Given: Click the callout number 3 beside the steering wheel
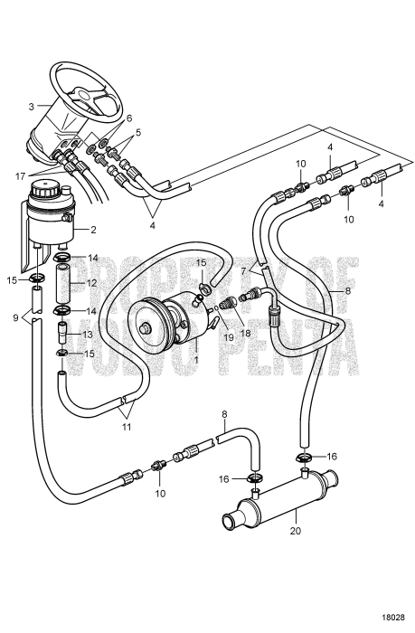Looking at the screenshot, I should (x=32, y=107).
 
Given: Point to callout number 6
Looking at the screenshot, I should (x=128, y=118).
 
